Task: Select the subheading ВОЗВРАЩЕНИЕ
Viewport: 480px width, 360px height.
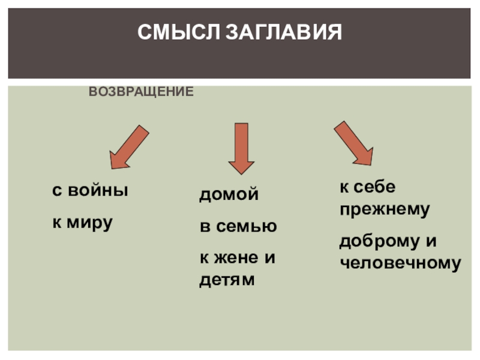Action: click(x=141, y=92)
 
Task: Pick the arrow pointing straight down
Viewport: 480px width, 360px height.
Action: click(x=241, y=148)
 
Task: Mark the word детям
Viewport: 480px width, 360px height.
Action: click(x=227, y=280)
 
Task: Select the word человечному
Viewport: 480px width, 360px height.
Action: click(x=400, y=263)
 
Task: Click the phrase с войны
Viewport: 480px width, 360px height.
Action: click(x=90, y=191)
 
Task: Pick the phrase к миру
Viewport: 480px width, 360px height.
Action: click(x=82, y=223)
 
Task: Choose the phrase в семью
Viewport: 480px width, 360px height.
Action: click(x=238, y=227)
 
